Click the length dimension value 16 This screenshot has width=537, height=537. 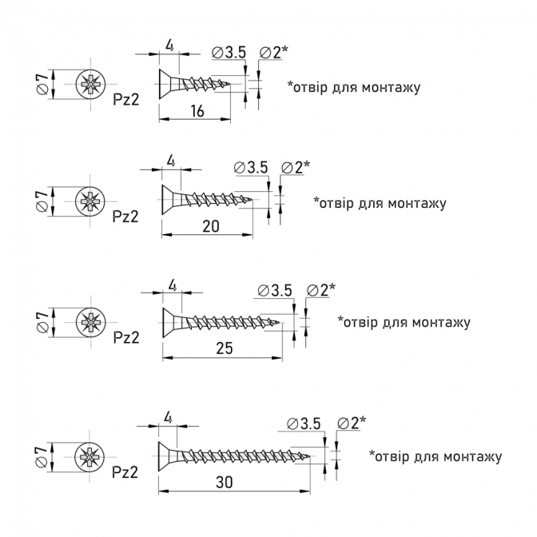pos(197,111)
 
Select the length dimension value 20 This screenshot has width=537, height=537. pos(211,226)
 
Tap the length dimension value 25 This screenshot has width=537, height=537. pos(225,348)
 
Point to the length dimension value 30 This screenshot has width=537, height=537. pos(225,482)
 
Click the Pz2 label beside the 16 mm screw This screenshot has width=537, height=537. pos(126,100)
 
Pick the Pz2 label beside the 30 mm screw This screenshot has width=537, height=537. pos(125,472)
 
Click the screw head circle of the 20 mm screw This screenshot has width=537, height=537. pos(90,201)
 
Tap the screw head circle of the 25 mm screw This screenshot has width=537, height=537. pos(91,323)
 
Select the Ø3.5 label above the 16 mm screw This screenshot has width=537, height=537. pos(229,53)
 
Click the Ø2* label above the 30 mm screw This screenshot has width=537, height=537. pos(352,424)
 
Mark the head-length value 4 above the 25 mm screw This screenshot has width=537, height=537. pos(173,286)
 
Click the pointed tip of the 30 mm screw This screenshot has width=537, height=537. pos(309,456)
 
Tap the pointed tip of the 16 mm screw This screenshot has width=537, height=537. pos(229,83)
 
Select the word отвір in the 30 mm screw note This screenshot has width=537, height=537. pos(390,456)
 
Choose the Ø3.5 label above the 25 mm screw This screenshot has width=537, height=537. pos(275,290)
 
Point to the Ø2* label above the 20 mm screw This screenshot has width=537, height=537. pos(295,168)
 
